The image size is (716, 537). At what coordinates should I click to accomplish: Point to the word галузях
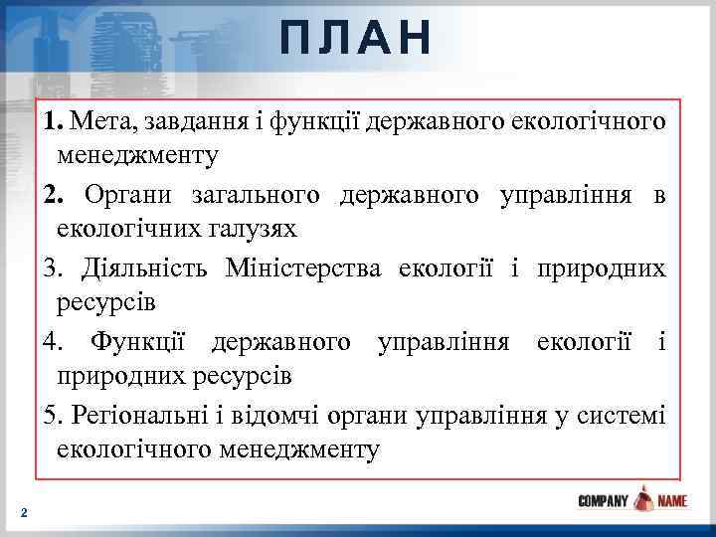point(251,229)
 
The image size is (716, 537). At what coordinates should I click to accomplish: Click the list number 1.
point(51,121)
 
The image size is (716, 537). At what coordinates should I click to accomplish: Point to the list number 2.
point(51,194)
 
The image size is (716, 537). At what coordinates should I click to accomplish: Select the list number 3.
point(51,268)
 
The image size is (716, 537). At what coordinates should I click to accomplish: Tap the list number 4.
point(51,341)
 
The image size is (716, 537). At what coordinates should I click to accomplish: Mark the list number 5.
point(51,414)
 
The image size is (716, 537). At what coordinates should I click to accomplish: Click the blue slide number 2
point(24,512)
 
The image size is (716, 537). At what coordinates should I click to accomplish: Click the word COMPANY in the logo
point(604,501)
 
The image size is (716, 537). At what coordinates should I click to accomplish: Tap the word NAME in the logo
point(672,501)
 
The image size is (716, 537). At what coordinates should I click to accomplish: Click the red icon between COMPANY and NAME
point(643,499)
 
